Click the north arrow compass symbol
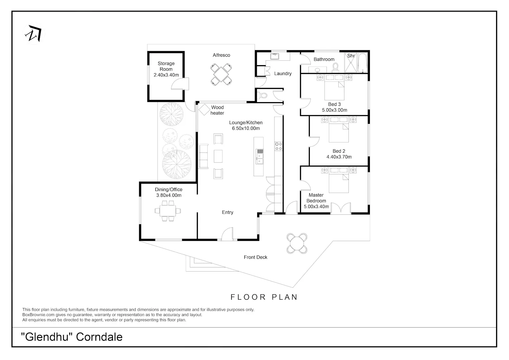[x=33, y=34]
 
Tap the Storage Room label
[x=166, y=66]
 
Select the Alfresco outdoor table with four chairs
[x=221, y=74]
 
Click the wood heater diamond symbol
[x=204, y=110]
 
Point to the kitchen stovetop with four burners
[x=279, y=146]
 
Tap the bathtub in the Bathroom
[x=363, y=63]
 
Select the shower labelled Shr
[x=351, y=62]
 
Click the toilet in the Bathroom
[x=335, y=68]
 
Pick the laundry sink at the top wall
[x=275, y=56]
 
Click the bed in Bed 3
[x=334, y=87]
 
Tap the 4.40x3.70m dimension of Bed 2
[x=339, y=157]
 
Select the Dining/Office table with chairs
[x=168, y=211]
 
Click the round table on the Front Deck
[x=297, y=243]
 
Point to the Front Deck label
[x=256, y=257]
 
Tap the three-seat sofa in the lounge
[x=203, y=156]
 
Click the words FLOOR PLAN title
[x=264, y=297]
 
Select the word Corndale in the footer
[x=99, y=337]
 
